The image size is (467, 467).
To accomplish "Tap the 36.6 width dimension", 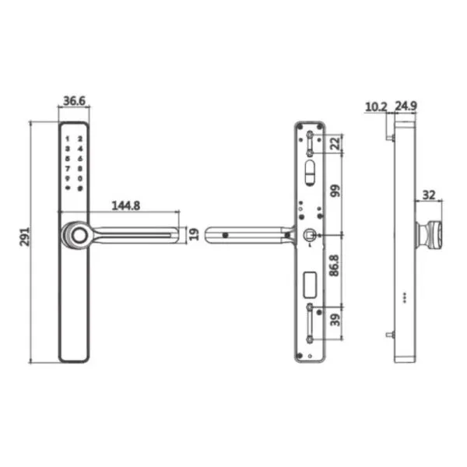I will point(73,101).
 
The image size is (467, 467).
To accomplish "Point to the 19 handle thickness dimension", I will point(194,233).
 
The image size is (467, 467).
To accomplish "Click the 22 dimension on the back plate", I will point(335,143).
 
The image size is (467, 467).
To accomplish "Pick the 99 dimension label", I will point(335,191).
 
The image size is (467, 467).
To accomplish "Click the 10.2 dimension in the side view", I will point(375,107).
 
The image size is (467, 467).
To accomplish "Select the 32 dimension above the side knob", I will point(429,195).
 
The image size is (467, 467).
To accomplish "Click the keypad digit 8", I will point(80,168).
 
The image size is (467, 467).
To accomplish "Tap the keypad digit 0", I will point(80,178).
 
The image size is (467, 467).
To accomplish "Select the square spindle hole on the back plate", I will point(309,235).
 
